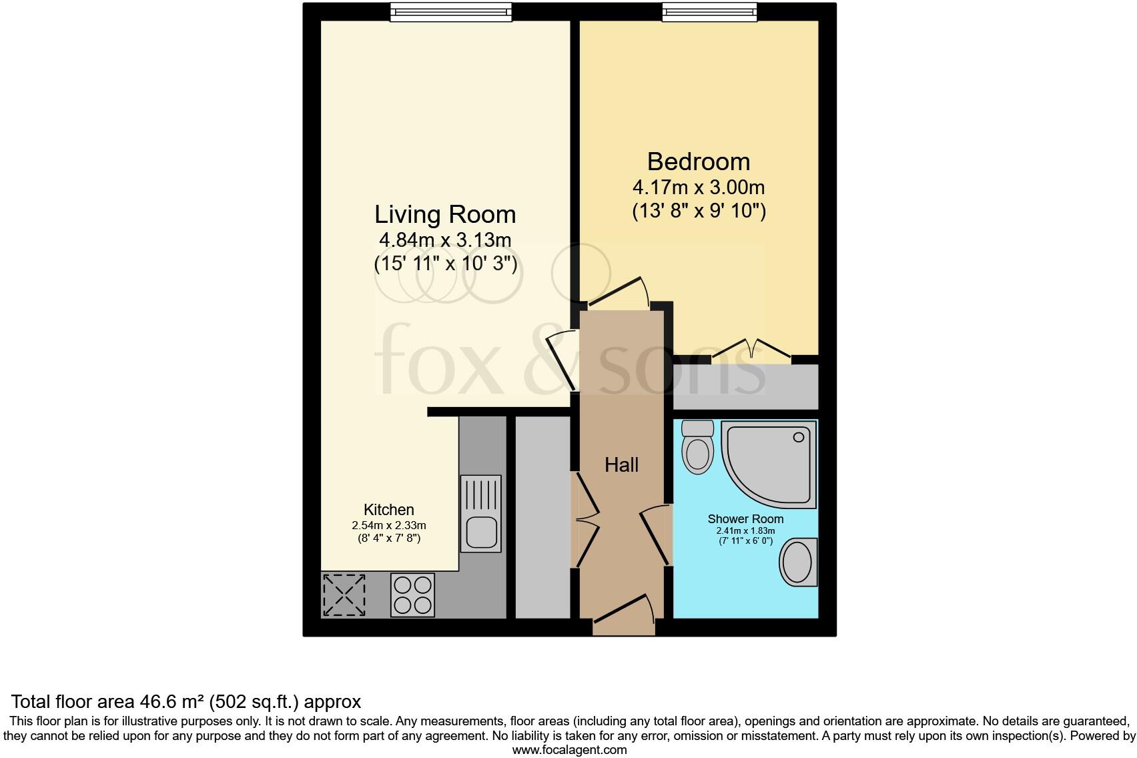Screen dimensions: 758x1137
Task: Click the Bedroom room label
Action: pyautogui.click(x=698, y=162)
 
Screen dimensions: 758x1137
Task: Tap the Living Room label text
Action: pyautogui.click(x=445, y=215)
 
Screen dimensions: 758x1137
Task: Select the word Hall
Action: pyautogui.click(x=621, y=465)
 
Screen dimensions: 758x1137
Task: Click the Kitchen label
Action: pyautogui.click(x=388, y=510)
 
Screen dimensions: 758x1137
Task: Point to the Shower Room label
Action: pyautogui.click(x=745, y=519)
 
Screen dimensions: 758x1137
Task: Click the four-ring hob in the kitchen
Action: pyautogui.click(x=412, y=595)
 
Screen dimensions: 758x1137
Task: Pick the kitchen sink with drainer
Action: pyautogui.click(x=481, y=514)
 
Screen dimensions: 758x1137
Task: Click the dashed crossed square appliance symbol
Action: pyautogui.click(x=344, y=595)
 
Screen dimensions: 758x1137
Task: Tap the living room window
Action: pyautogui.click(x=451, y=12)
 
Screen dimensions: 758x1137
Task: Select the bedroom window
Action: pyautogui.click(x=709, y=12)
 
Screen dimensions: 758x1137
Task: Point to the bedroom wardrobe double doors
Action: pyautogui.click(x=751, y=351)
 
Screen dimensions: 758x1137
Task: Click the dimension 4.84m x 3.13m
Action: pyautogui.click(x=445, y=240)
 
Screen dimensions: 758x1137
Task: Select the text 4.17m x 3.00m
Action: pyautogui.click(x=698, y=187)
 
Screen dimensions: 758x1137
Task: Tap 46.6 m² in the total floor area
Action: pyautogui.click(x=172, y=702)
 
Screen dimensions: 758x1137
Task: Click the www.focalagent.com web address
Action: pyautogui.click(x=569, y=750)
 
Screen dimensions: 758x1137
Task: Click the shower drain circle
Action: pyautogui.click(x=798, y=438)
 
